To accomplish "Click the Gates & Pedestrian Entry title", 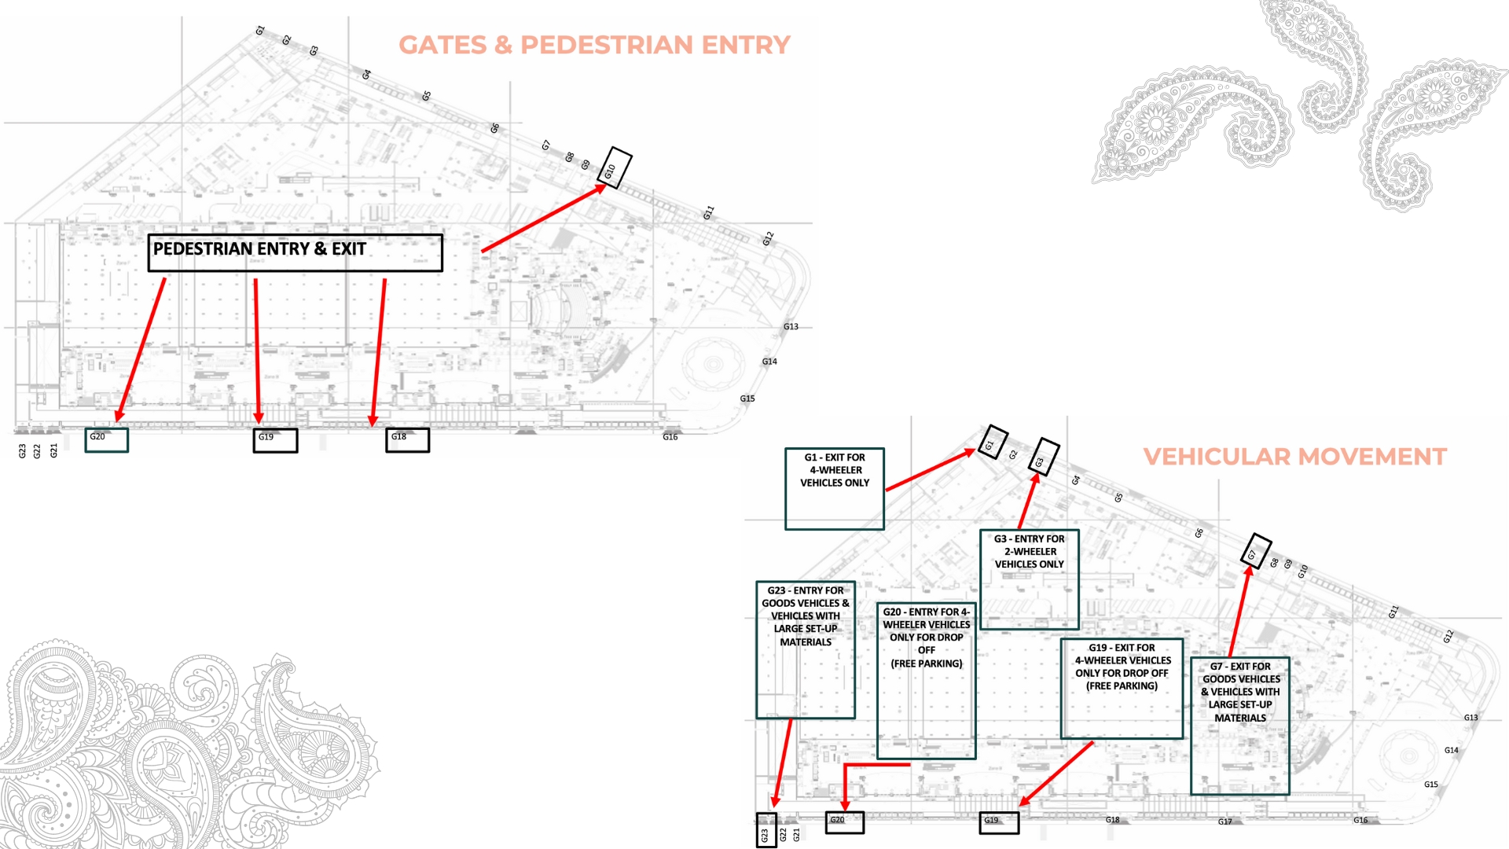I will pos(594,45).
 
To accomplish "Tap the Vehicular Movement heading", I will pos(1294,457).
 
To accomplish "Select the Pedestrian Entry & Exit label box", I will pos(295,252).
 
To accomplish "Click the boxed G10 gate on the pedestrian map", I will pos(614,168).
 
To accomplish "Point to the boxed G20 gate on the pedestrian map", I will pos(106,439).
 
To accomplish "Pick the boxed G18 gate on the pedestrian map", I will pos(407,439).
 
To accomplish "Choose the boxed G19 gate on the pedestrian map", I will pos(275,439).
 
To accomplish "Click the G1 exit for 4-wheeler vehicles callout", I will pos(835,488).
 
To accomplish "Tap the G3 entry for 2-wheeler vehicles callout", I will pos(1030,579).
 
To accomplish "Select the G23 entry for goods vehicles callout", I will pos(806,649).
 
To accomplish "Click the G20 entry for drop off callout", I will pos(927,680).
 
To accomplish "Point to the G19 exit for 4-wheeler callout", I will pos(1122,688).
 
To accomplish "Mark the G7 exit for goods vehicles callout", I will pos(1240,726).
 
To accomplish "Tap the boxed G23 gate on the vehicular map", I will pos(766,830).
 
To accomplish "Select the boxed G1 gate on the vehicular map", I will pos(993,443).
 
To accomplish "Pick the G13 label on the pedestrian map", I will pos(791,327).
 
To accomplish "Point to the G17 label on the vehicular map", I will pos(1225,822).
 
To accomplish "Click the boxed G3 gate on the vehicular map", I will pos(1044,457).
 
